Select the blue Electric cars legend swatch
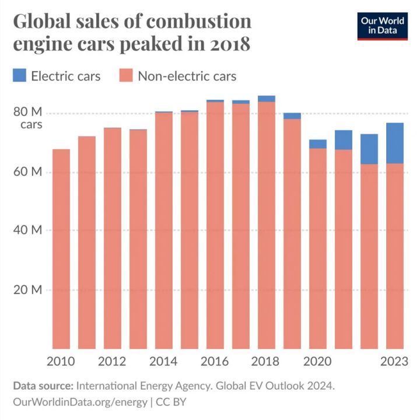(x=19, y=75)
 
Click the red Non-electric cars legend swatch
(x=127, y=75)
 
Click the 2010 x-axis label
(x=61, y=362)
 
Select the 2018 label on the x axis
(x=265, y=362)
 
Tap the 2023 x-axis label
(x=394, y=362)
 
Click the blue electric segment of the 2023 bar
(x=395, y=143)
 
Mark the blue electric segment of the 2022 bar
(x=369, y=149)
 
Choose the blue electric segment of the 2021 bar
(x=344, y=139)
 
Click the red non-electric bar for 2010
(x=61, y=251)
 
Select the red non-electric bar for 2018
(x=267, y=228)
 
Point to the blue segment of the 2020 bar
(x=318, y=143)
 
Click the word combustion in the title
(x=199, y=22)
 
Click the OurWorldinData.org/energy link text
(x=80, y=402)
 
